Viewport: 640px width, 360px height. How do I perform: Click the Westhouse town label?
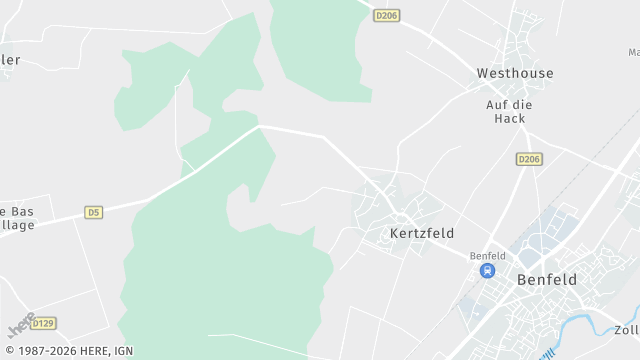pos(515,73)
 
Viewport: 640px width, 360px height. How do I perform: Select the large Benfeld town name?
pos(547,280)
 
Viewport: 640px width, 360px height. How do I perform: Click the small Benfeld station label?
pos(487,255)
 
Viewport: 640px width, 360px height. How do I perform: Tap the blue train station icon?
pos(487,270)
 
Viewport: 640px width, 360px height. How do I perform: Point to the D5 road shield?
pos(94,212)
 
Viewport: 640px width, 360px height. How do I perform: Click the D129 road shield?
pos(43,323)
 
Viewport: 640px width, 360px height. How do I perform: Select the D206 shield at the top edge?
pos(387,16)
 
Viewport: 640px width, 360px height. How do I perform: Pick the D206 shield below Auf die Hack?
pos(529,159)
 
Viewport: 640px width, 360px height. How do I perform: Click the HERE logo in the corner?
pos(21,326)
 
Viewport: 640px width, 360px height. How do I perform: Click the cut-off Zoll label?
pos(627,330)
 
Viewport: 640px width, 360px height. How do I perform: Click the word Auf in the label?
pos(497,104)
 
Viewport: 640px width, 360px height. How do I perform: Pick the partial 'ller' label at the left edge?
pos(10,60)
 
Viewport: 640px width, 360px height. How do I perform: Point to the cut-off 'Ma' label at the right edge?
pos(634,52)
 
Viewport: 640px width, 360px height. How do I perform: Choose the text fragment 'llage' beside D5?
pos(18,225)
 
